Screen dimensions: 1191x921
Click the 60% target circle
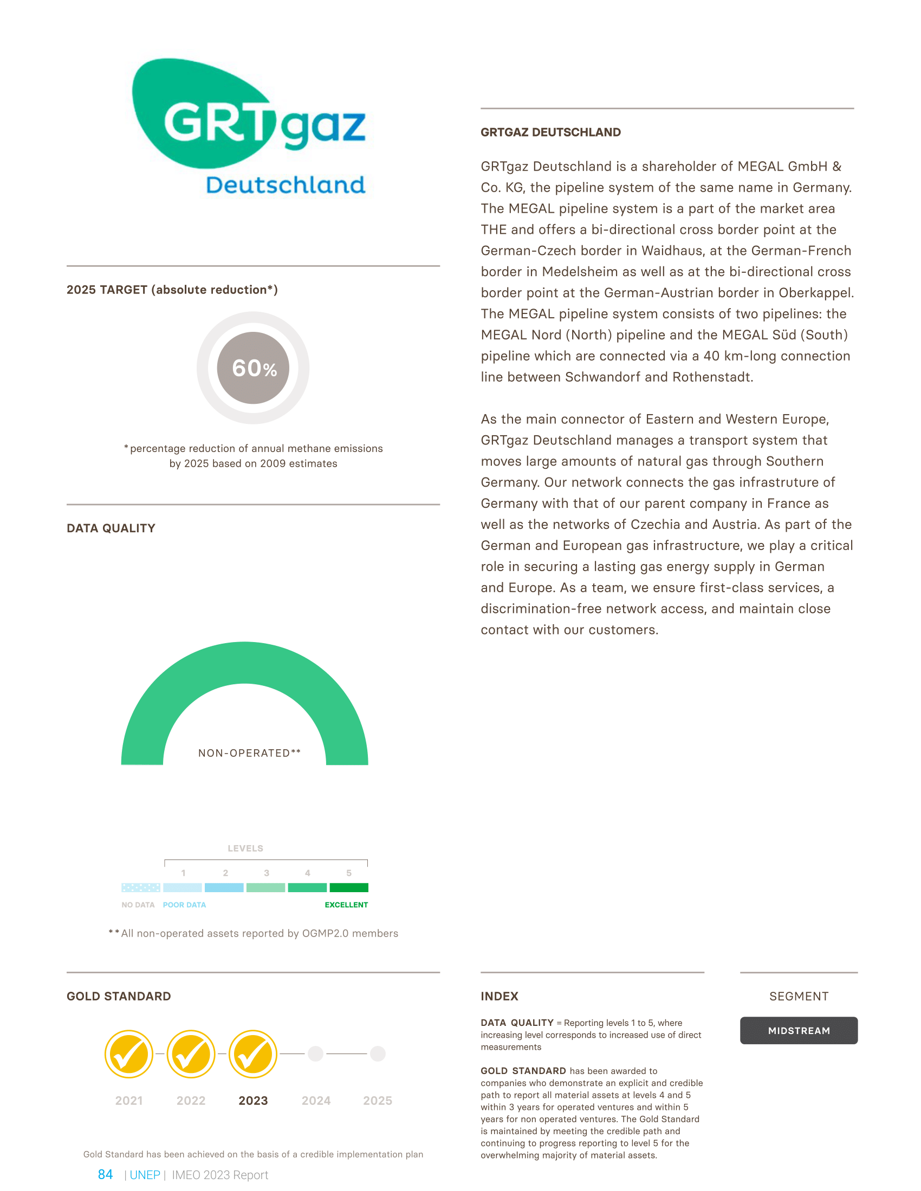(253, 368)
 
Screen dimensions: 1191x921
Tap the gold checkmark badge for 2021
(129, 1054)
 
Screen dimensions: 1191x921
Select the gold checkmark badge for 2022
(191, 1054)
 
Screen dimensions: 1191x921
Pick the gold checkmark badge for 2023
(253, 1054)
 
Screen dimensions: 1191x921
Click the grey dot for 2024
(315, 1053)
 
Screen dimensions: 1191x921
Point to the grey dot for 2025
(378, 1053)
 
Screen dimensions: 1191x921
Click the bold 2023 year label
(253, 1101)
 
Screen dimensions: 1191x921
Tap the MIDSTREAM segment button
(799, 1031)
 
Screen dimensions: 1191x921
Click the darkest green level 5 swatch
(349, 888)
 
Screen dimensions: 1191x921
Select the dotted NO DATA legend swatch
(141, 888)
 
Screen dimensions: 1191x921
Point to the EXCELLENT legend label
(346, 905)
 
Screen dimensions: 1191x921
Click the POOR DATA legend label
(184, 905)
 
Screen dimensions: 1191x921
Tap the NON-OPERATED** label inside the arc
(249, 753)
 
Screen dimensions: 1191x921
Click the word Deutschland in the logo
(286, 185)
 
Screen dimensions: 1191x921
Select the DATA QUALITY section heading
(111, 528)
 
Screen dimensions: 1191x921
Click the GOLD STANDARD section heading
(119, 996)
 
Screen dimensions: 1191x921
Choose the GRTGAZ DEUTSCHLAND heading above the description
(550, 133)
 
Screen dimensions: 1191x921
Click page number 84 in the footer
(105, 1175)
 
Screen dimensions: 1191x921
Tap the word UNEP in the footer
(145, 1175)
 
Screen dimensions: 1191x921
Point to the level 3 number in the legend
(266, 873)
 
